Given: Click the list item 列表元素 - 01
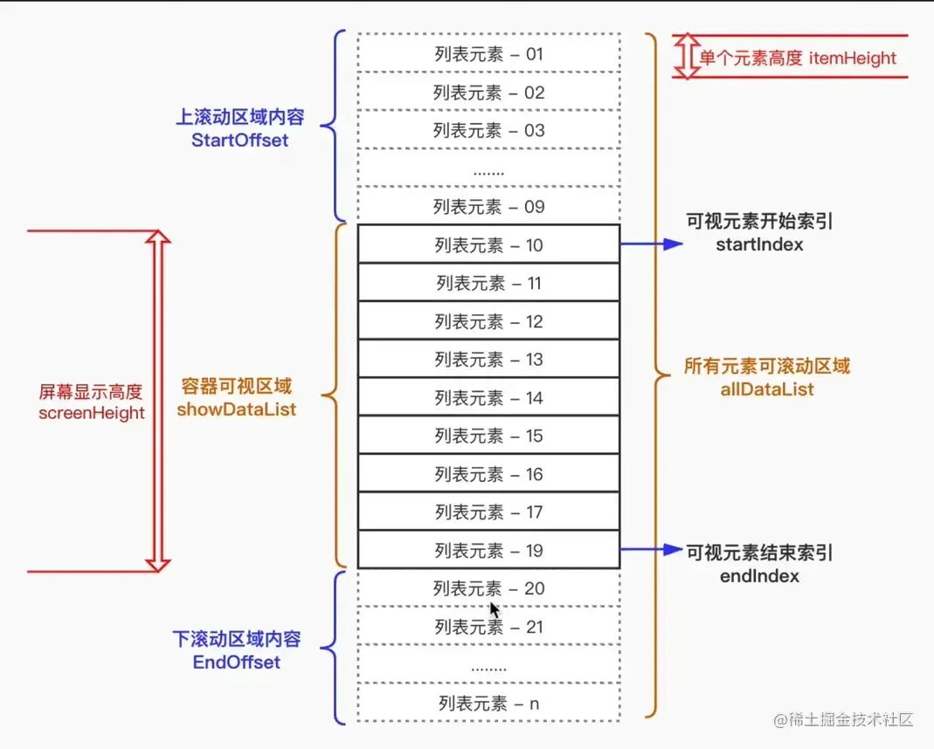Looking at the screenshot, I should pyautogui.click(x=488, y=54).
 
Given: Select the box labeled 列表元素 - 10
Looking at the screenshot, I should pyautogui.click(x=488, y=245).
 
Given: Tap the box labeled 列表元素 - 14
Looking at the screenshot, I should pyautogui.click(x=488, y=398).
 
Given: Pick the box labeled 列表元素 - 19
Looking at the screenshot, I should pyautogui.click(x=488, y=551).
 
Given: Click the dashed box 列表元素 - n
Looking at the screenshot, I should pyautogui.click(x=488, y=704).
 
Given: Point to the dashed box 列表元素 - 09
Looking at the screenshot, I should pyautogui.click(x=488, y=207).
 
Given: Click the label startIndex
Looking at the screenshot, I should pyautogui.click(x=758, y=245).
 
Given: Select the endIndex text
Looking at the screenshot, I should pyautogui.click(x=758, y=576).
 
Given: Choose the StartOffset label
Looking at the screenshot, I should pyautogui.click(x=239, y=140).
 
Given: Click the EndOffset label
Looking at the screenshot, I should pyautogui.click(x=236, y=663).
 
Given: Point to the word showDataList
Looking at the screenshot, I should pyautogui.click(x=236, y=409).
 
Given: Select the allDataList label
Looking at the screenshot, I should pyautogui.click(x=767, y=389).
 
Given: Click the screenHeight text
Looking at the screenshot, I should pyautogui.click(x=91, y=413).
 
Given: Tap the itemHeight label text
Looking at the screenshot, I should pyautogui.click(x=853, y=58).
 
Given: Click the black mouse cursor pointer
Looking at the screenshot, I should pyautogui.click(x=495, y=609).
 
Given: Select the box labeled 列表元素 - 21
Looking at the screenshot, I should pyautogui.click(x=488, y=627).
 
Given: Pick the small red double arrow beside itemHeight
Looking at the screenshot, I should pyautogui.click(x=688, y=57).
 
